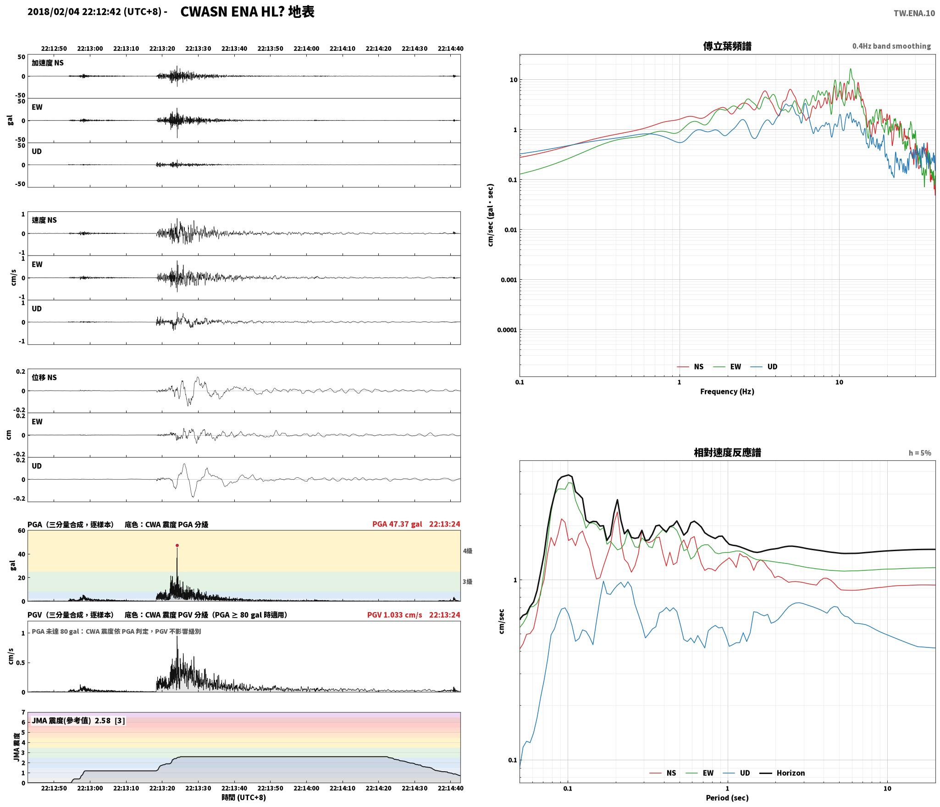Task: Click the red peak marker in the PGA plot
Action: click(x=177, y=545)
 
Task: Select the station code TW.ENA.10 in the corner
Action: click(x=914, y=13)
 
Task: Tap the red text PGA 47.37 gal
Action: click(x=397, y=524)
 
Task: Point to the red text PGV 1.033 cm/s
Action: click(x=394, y=614)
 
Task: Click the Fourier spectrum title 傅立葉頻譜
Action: click(x=727, y=46)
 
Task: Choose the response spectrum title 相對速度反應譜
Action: click(x=727, y=453)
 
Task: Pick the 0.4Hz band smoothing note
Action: click(x=891, y=46)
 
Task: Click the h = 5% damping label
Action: click(x=920, y=453)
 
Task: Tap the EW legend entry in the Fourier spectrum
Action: click(x=727, y=366)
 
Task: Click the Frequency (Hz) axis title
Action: click(x=727, y=391)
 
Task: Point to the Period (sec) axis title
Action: click(x=727, y=797)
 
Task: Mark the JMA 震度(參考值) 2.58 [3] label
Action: click(x=78, y=720)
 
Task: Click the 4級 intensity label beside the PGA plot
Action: click(x=467, y=551)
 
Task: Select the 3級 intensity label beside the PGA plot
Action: click(x=467, y=581)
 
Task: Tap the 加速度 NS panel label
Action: click(x=48, y=63)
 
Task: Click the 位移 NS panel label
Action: click(x=44, y=377)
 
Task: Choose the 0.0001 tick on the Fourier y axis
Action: click(x=507, y=330)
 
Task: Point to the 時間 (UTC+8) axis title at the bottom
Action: click(x=243, y=797)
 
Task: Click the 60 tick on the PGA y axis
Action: click(x=22, y=531)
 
